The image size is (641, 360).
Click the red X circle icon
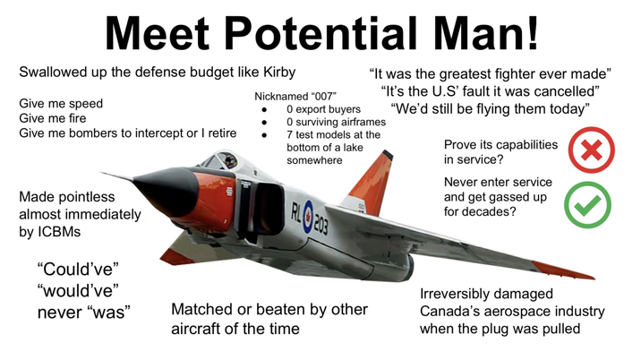pos(591,150)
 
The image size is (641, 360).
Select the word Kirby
pos(274,72)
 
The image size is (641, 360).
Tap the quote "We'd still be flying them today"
pos(490,109)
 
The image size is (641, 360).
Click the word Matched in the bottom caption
pos(201,310)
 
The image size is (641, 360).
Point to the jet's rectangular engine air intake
pos(255,201)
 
